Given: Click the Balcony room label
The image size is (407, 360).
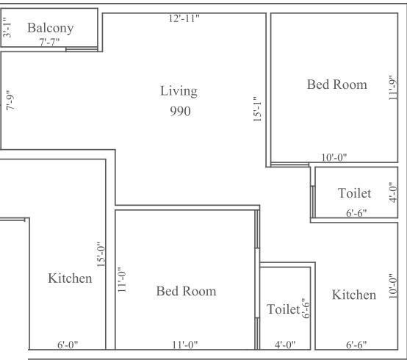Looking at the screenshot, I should coord(51,28).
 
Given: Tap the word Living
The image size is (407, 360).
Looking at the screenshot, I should coord(179,91).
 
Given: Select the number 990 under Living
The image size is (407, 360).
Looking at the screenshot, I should coord(179,111).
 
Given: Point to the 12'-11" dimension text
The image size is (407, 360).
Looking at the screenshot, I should coord(185,18).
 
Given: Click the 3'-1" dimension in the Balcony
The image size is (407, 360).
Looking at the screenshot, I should coord(8,29).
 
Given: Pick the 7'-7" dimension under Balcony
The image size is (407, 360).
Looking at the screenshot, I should coord(50,43).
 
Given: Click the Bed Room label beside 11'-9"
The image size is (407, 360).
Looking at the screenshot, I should coord(336,84).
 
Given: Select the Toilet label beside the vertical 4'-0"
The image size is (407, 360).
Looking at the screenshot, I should coord(355,194).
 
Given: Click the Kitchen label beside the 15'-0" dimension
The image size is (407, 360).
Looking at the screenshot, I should coord(70,278).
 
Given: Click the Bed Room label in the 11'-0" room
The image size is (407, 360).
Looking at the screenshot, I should coord(187,292).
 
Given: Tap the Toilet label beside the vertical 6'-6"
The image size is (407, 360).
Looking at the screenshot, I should coord(284,309).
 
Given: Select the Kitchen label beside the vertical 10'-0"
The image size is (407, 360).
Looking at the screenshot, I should coord(353,295).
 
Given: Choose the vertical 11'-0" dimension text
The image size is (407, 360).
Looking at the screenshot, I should coord(123,281).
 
